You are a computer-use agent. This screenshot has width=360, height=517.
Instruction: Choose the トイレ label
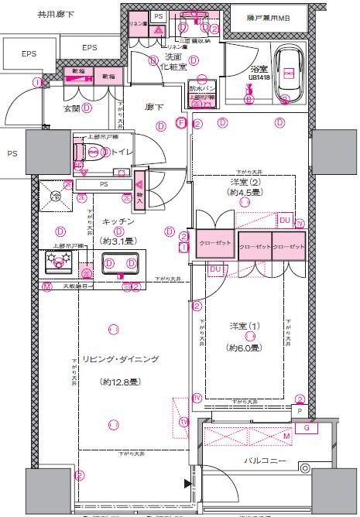coord(122,152)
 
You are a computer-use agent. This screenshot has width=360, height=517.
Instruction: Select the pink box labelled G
coord(307,427)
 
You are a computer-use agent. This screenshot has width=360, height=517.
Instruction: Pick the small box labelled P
coord(300,413)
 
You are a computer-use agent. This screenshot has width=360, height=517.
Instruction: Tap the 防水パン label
coord(203,89)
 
